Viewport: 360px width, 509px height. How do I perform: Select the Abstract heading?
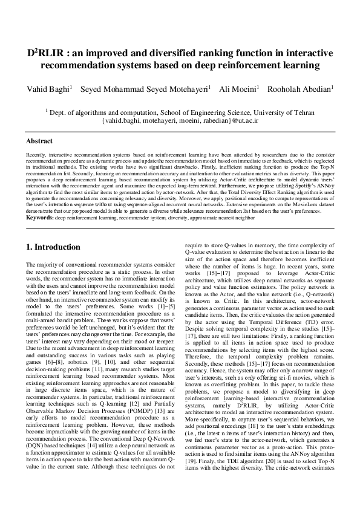[x=39, y=141]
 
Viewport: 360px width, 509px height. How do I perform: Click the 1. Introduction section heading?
[x=57, y=247]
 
